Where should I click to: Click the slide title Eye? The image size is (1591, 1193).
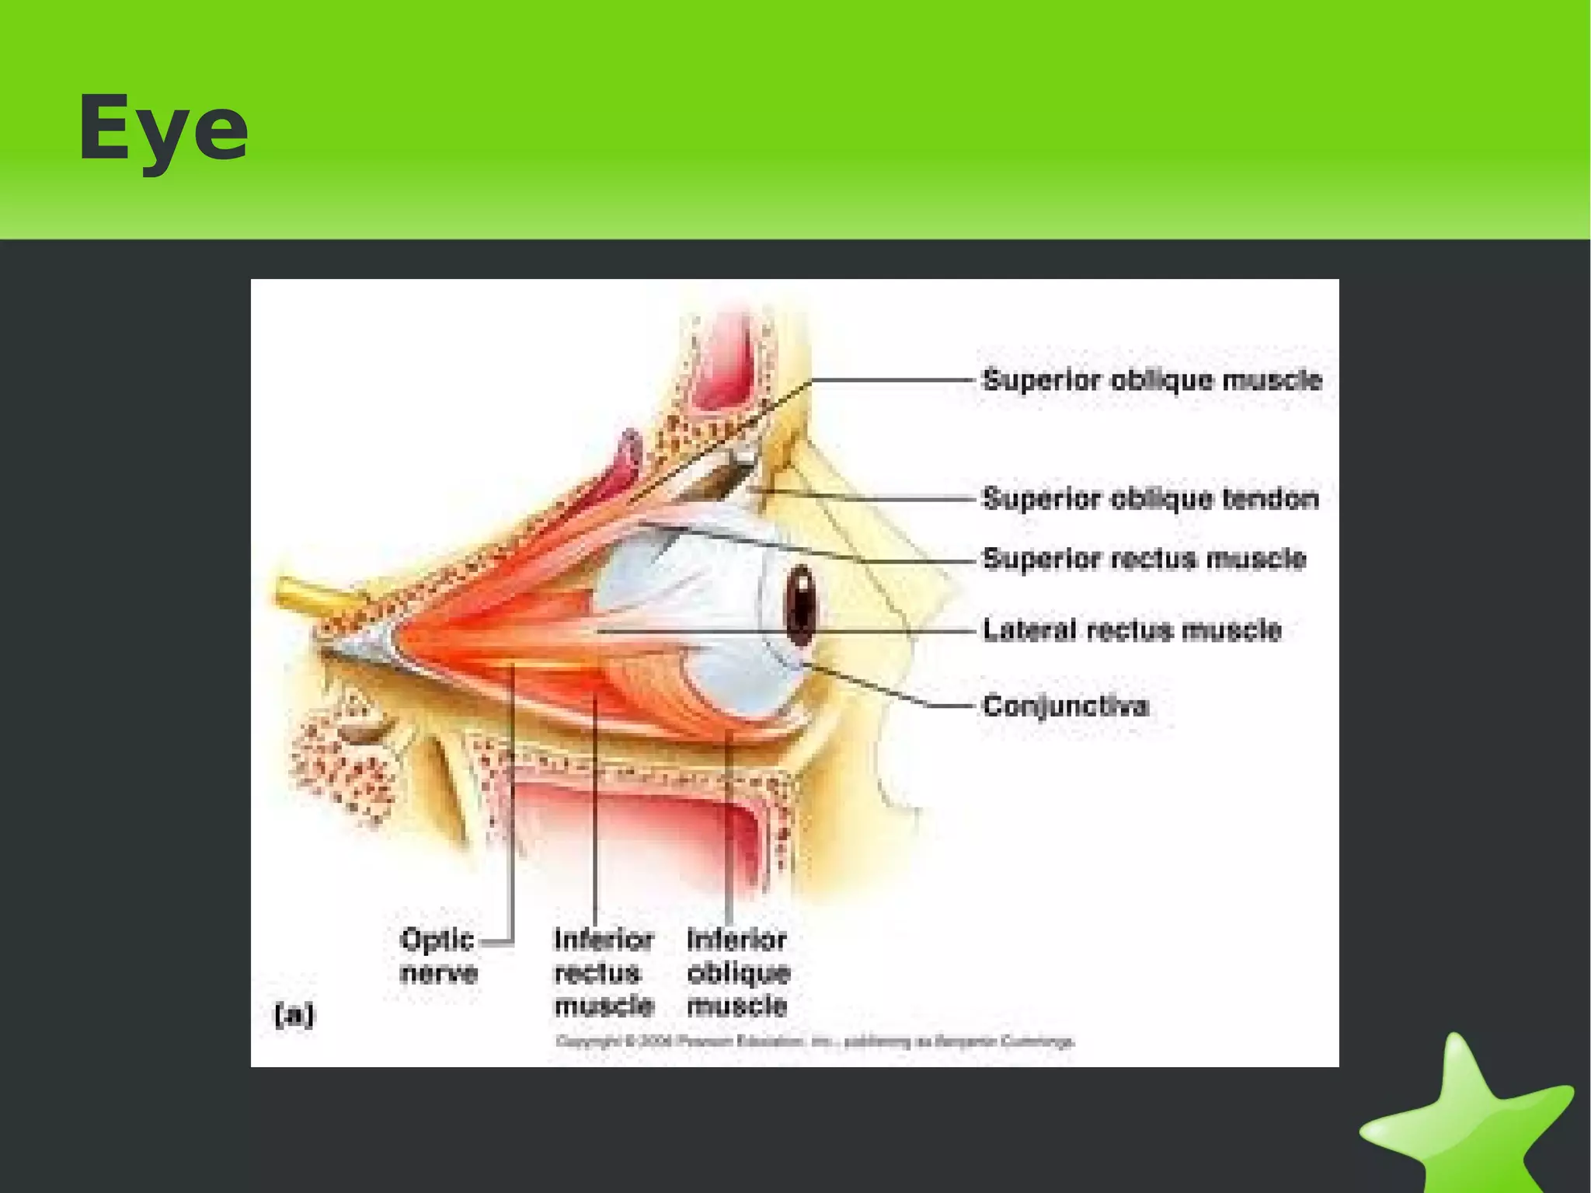(x=163, y=129)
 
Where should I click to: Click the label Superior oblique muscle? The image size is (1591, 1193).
(x=1151, y=381)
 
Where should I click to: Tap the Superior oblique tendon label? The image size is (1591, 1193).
(x=1151, y=499)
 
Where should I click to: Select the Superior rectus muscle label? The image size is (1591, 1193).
(x=1144, y=560)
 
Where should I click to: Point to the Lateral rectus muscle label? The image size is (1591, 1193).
(x=1132, y=630)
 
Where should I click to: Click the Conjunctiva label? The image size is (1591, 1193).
(x=1065, y=706)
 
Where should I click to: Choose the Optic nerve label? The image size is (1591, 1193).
(x=438, y=956)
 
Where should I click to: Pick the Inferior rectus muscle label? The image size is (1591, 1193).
(x=604, y=972)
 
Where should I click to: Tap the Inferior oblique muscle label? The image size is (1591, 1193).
(x=738, y=972)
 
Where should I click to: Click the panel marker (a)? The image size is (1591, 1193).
(x=294, y=1015)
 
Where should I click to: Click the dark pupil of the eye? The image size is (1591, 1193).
(x=801, y=606)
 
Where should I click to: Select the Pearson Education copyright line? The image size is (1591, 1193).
(x=814, y=1041)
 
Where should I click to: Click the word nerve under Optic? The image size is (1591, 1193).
(x=438, y=973)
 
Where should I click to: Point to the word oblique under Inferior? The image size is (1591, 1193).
(x=738, y=973)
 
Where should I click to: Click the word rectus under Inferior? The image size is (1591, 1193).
(x=597, y=973)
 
